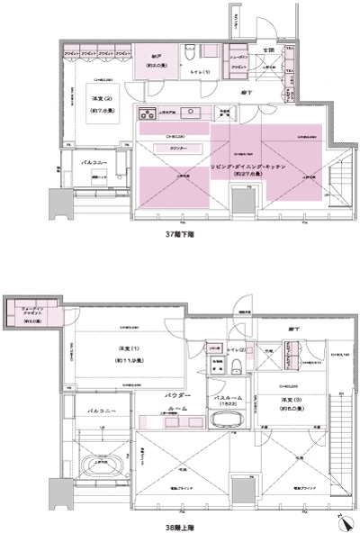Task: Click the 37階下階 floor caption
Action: point(179,233)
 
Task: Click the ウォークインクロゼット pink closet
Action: point(40,312)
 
